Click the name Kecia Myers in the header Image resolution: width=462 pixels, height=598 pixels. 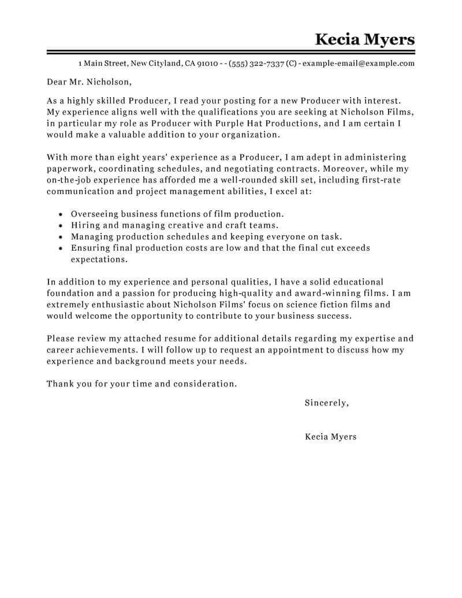point(365,39)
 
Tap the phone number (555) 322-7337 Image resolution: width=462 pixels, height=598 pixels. point(256,64)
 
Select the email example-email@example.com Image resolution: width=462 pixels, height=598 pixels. point(358,64)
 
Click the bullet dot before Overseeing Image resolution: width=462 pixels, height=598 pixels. point(61,214)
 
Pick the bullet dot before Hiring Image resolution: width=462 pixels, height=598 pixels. point(61,225)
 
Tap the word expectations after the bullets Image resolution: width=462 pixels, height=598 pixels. point(99,259)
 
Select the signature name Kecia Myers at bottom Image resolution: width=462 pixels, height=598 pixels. point(330,437)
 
